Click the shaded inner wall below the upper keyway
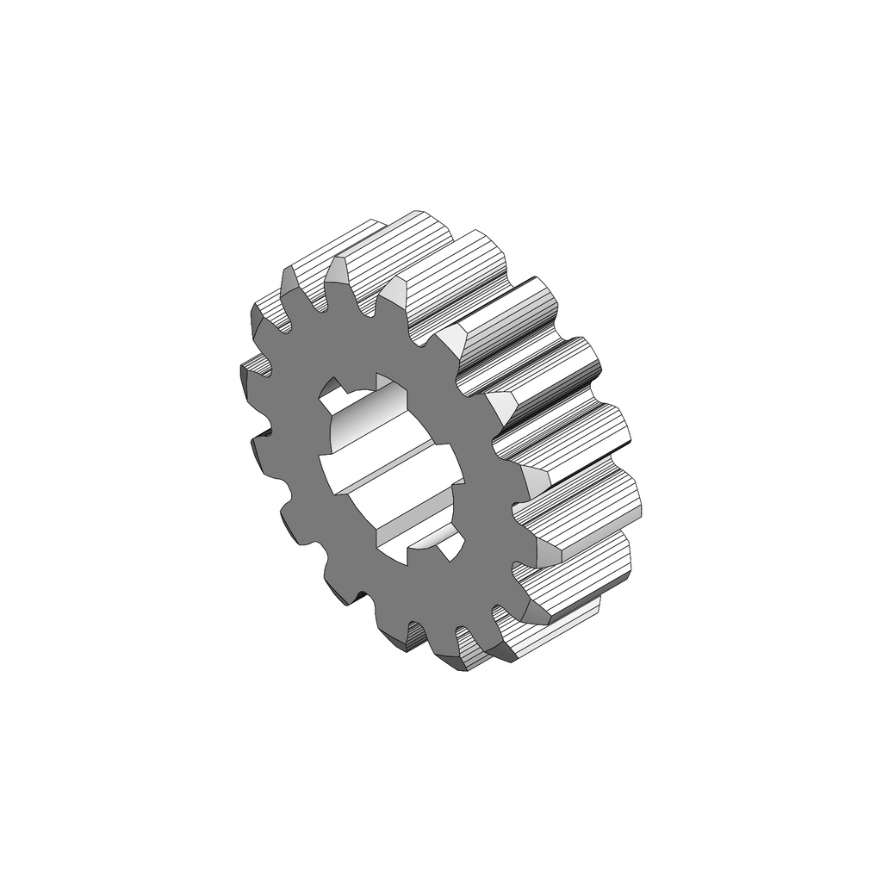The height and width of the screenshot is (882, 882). click(366, 422)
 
